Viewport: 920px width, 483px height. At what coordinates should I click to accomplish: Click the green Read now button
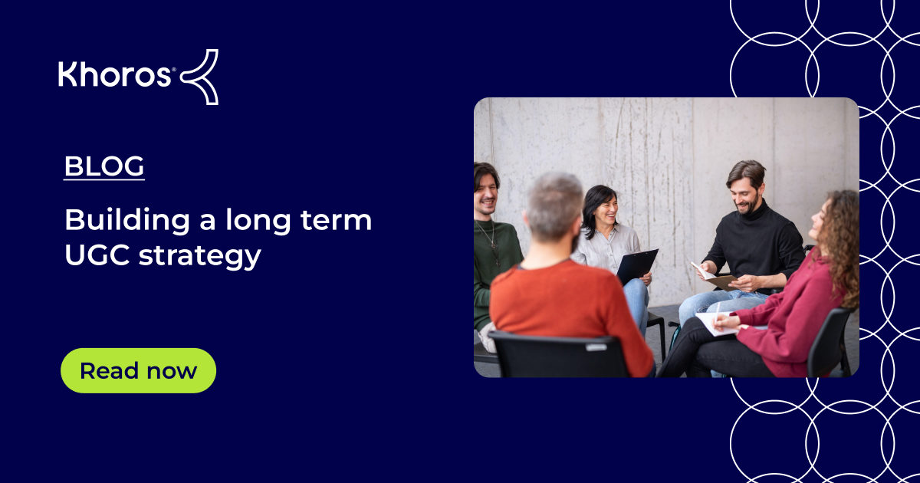pyautogui.click(x=138, y=371)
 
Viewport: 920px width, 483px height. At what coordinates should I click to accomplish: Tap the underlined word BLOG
pyautogui.click(x=104, y=167)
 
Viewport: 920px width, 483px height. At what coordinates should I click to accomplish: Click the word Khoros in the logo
pyautogui.click(x=115, y=75)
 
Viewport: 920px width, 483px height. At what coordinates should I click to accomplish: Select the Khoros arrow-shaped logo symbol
pyautogui.click(x=201, y=76)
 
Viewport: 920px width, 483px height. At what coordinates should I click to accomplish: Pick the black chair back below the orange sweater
pyautogui.click(x=559, y=356)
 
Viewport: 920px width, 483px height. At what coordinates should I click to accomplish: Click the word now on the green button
pyautogui.click(x=172, y=371)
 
